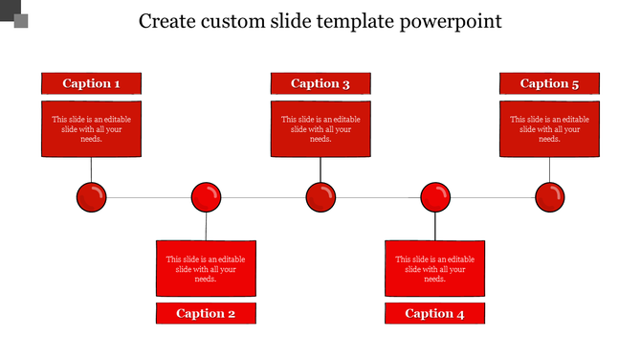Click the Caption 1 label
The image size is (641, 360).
(x=91, y=83)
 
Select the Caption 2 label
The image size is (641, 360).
(x=206, y=313)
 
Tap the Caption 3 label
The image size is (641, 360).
(x=320, y=83)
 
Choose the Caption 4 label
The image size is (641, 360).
(x=435, y=313)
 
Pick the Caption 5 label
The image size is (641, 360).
(x=550, y=83)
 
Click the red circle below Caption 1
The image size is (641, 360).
(x=91, y=198)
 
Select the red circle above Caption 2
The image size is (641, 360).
(x=206, y=198)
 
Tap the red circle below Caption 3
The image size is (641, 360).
(x=320, y=198)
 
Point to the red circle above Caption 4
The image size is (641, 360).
(x=435, y=198)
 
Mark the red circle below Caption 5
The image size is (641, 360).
(x=550, y=198)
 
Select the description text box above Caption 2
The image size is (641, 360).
(x=206, y=268)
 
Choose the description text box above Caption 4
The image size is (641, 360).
(x=435, y=268)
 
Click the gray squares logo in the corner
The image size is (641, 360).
(x=14, y=13)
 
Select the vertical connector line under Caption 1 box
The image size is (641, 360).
(x=91, y=169)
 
